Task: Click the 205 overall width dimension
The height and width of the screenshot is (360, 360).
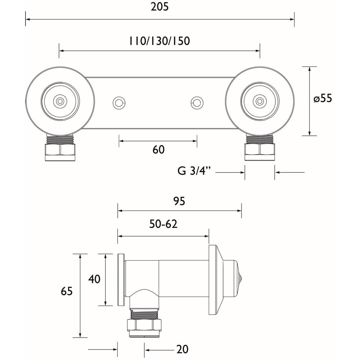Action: pyautogui.click(x=160, y=7)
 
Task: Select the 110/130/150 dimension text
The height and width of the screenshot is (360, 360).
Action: pyautogui.click(x=159, y=41)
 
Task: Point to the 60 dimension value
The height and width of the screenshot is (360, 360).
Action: pyautogui.click(x=158, y=149)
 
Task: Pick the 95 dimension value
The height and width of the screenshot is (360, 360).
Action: pyautogui.click(x=179, y=201)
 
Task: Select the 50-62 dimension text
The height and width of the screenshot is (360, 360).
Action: pyautogui.click(x=164, y=224)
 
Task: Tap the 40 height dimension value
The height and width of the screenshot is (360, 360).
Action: pyautogui.click(x=94, y=279)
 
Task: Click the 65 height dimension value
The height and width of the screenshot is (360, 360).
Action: pyautogui.click(x=67, y=291)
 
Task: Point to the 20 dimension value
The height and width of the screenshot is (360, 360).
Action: pyautogui.click(x=183, y=349)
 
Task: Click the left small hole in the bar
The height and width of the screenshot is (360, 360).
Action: pyautogui.click(x=118, y=103)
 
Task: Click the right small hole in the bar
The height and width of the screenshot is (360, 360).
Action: pyautogui.click(x=197, y=103)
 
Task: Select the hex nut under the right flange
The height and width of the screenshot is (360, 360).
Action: pyautogui.click(x=259, y=151)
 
